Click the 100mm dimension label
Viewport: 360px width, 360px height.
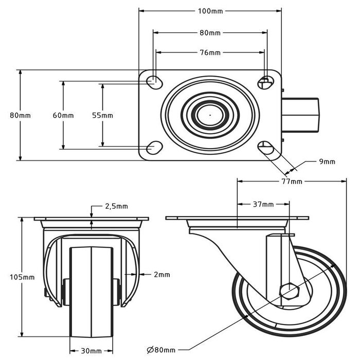(210, 11)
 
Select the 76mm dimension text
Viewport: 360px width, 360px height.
(210, 52)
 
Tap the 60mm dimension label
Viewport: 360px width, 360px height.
(63, 115)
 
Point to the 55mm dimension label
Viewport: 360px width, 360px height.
(102, 115)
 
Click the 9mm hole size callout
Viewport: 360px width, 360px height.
(327, 161)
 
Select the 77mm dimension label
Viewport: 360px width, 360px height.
(292, 182)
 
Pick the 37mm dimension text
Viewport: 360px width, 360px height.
(263, 204)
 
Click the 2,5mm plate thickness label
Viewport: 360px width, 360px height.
(116, 206)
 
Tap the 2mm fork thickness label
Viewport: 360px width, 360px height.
(162, 274)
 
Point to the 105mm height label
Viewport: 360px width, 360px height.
(22, 277)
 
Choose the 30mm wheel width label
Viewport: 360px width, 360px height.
(91, 351)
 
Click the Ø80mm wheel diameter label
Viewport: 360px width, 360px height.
(161, 350)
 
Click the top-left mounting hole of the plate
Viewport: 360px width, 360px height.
(154, 82)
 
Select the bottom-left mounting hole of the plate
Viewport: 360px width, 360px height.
(154, 148)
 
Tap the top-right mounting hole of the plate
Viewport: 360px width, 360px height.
(266, 82)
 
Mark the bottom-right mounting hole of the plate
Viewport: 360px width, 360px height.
(266, 148)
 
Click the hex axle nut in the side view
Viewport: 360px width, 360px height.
(289, 292)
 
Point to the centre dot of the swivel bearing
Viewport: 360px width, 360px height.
(210, 115)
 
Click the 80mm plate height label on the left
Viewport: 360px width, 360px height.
(20, 115)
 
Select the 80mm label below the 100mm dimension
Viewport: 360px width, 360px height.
(210, 33)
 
